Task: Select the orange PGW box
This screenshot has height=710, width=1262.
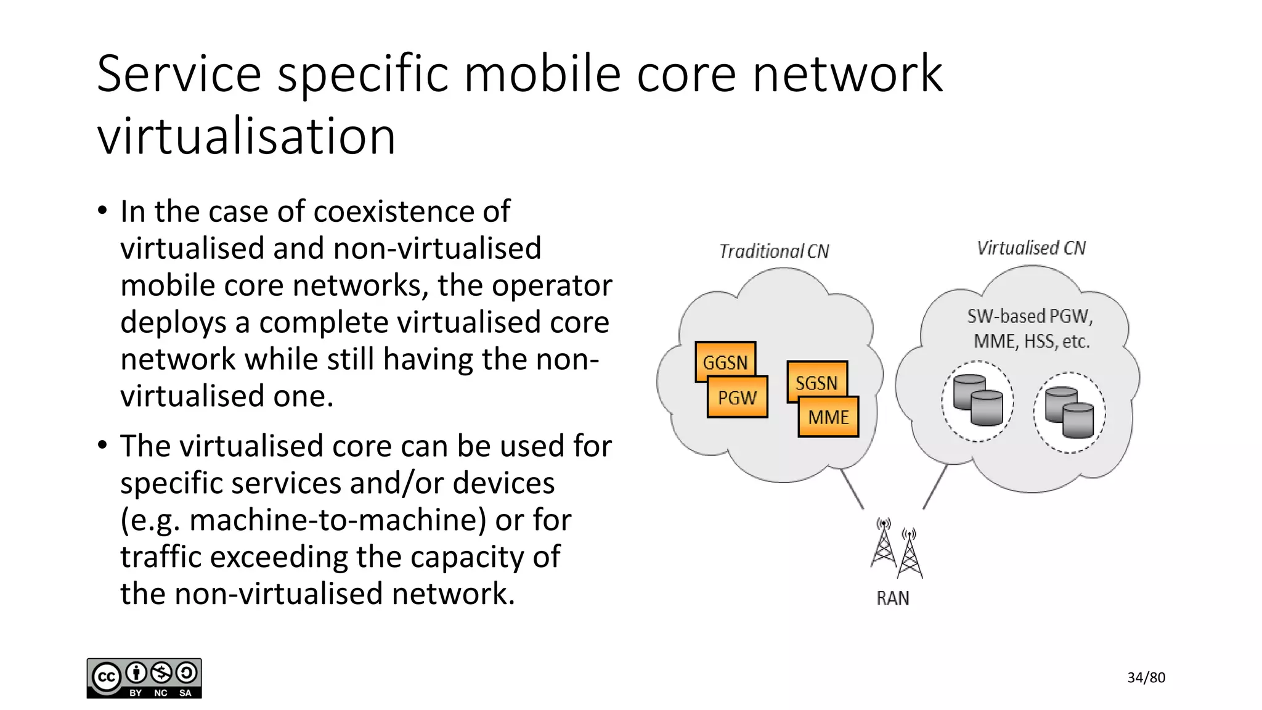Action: coord(737,398)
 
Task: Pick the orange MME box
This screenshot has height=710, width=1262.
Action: coord(828,417)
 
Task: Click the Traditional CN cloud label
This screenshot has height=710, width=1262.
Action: coord(774,251)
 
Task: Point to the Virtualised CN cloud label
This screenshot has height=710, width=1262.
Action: coord(1031,248)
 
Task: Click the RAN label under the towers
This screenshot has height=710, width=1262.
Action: coord(893,598)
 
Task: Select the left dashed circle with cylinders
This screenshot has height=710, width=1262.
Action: coord(977,401)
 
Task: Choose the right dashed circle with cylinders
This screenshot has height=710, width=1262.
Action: coord(1070,413)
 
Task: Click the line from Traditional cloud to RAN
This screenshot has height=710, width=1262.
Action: coord(852,489)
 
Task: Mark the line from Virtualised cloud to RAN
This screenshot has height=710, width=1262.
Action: coord(935,487)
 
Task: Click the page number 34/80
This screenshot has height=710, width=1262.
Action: coord(1146,678)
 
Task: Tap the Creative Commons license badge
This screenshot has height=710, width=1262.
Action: coord(144,679)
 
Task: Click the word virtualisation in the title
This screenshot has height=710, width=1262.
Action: coord(246,136)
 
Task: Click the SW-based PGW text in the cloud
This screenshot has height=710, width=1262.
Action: coord(1030,317)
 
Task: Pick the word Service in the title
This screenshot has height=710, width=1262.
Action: coord(179,74)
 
